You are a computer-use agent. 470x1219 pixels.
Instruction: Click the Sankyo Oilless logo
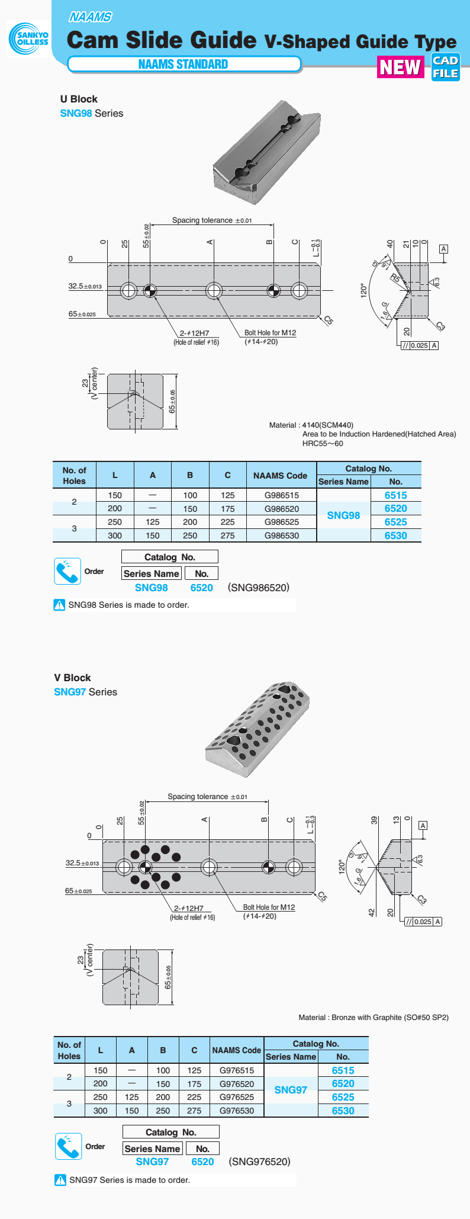[29, 39]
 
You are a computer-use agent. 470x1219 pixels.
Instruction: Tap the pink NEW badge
[400, 67]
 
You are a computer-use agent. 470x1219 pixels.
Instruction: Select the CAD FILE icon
[446, 67]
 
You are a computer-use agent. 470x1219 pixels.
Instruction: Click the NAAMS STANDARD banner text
[183, 64]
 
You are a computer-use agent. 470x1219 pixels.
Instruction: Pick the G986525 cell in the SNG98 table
[281, 522]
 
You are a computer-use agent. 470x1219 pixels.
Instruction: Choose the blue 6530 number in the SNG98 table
[395, 535]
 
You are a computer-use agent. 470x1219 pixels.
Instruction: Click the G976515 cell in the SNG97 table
[236, 1070]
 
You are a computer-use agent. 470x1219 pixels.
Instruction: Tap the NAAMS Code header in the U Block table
[280, 475]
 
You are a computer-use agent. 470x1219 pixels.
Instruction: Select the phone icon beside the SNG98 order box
[67, 571]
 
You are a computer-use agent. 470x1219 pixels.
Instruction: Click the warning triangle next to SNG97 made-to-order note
[60, 1180]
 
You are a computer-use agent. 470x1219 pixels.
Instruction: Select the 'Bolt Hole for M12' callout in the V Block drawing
[269, 907]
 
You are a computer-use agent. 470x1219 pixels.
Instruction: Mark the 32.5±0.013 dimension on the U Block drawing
[85, 286]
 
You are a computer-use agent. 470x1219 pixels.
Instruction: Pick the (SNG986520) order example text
[259, 588]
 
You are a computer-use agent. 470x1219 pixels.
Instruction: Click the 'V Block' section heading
[72, 678]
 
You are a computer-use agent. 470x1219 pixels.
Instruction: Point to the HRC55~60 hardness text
[323, 443]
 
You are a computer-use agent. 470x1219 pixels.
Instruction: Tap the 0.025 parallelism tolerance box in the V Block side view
[423, 921]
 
